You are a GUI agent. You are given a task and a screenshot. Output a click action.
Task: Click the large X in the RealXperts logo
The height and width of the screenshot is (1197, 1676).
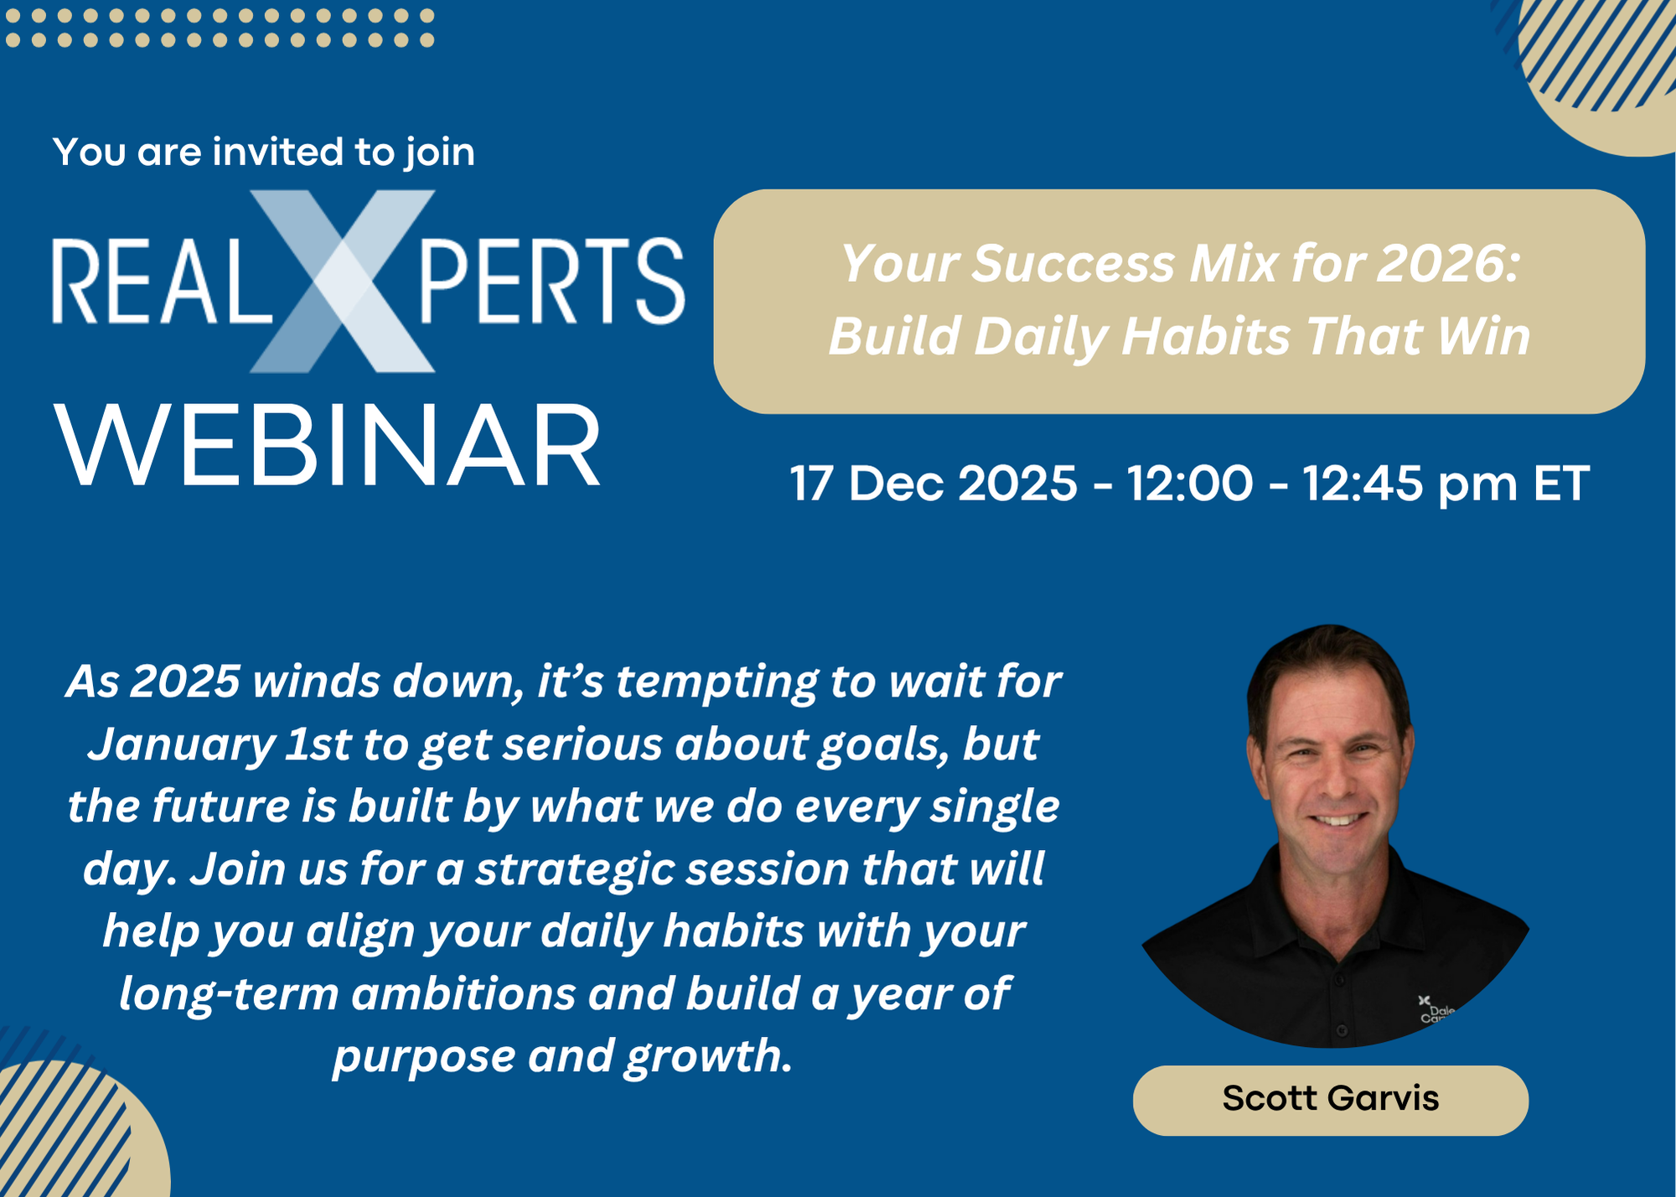[342, 281]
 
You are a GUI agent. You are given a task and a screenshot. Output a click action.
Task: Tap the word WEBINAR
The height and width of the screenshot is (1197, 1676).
[328, 445]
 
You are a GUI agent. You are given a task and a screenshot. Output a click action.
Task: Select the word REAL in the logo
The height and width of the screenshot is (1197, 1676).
[162, 281]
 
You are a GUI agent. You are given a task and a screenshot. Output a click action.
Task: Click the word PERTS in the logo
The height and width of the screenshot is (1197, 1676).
[552, 281]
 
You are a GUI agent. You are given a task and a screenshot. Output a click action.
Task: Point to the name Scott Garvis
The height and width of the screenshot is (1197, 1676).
[1331, 1098]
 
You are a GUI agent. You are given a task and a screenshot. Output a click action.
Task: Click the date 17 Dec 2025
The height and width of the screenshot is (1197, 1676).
[934, 484]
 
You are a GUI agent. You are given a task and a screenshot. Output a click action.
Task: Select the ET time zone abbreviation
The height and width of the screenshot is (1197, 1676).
[1561, 484]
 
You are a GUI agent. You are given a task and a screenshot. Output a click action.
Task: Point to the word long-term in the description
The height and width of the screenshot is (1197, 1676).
[229, 995]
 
